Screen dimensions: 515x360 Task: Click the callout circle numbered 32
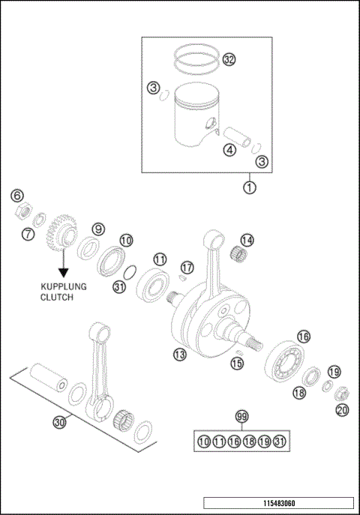point(229,59)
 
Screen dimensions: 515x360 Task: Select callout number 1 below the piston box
point(250,187)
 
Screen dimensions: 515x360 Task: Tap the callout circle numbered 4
point(229,150)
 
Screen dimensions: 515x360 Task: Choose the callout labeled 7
point(28,234)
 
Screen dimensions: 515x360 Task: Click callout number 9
point(98,229)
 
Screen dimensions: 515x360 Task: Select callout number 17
point(187,267)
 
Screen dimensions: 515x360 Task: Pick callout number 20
point(342,409)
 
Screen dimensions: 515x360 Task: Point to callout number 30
point(59,423)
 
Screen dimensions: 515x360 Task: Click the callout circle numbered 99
point(241,417)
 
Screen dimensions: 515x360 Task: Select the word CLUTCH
point(56,298)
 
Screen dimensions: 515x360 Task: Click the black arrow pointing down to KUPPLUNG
point(64,263)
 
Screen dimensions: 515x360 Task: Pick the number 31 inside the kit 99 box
point(279,442)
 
